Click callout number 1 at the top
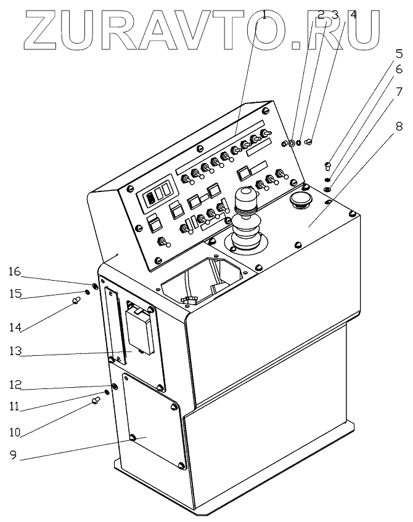(264, 14)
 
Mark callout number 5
(399, 53)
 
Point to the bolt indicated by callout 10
(96, 401)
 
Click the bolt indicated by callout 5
(328, 165)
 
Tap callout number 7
(399, 93)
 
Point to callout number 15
(14, 294)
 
